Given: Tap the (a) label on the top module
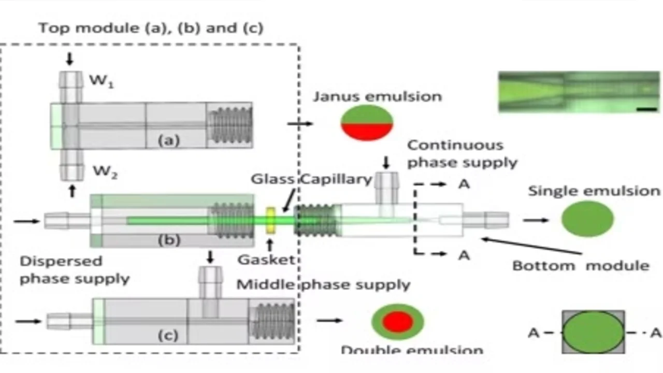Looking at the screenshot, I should pyautogui.click(x=168, y=140).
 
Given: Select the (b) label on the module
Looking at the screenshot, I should pyautogui.click(x=169, y=240).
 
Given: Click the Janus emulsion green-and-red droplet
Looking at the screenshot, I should pyautogui.click(x=367, y=123).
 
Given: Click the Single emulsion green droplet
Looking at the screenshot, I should pyautogui.click(x=587, y=219).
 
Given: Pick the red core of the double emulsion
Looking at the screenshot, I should pyautogui.click(x=397, y=322).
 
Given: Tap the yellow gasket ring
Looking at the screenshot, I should pyautogui.click(x=270, y=220).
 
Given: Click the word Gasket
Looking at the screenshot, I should pyautogui.click(x=266, y=260).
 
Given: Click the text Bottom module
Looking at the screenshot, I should pyautogui.click(x=581, y=266).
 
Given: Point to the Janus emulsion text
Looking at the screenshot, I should pyautogui.click(x=377, y=96).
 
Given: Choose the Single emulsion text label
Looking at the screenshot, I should pyautogui.click(x=594, y=191).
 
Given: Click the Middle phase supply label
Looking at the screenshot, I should pyautogui.click(x=323, y=284).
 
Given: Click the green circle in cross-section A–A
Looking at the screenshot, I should pyautogui.click(x=593, y=332).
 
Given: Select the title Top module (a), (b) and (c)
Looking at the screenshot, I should pyautogui.click(x=151, y=28).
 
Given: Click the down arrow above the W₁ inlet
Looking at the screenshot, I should pyautogui.click(x=70, y=59).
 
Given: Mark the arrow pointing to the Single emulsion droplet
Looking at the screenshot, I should pyautogui.click(x=536, y=220).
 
